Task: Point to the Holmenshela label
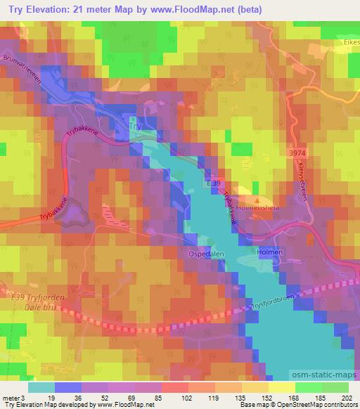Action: (257, 208)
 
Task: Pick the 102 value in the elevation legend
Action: (174, 397)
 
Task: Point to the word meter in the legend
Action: (10, 397)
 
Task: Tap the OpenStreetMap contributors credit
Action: (316, 405)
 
